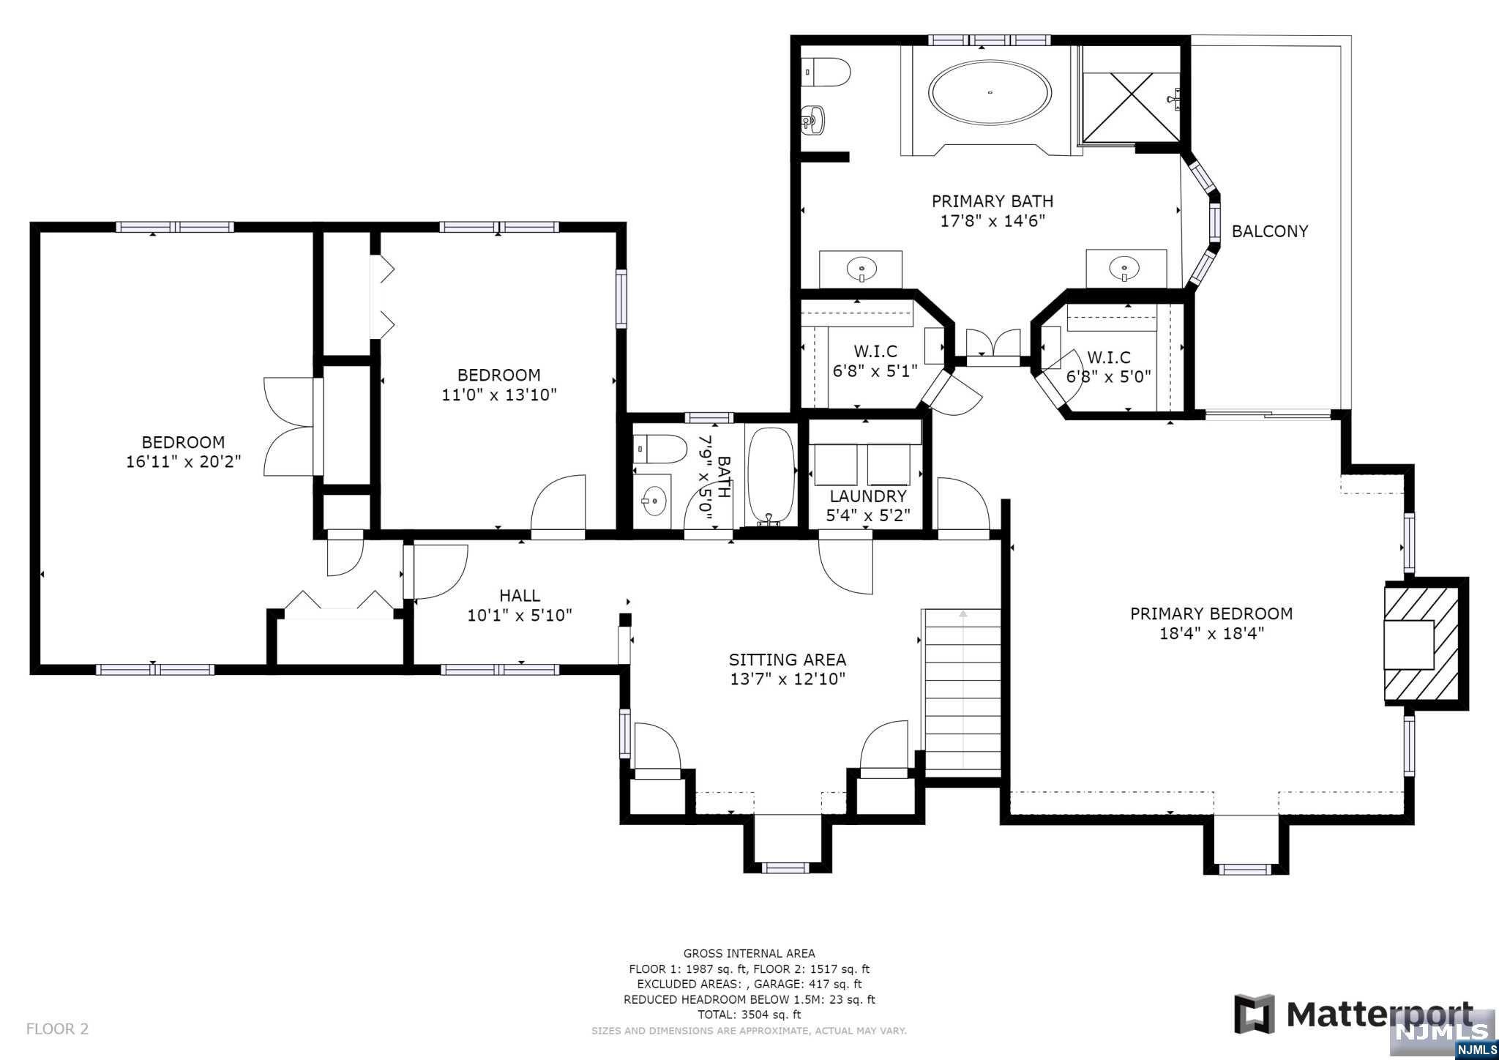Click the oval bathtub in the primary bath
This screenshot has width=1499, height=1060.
click(x=990, y=93)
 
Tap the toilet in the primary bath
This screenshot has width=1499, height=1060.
click(x=826, y=72)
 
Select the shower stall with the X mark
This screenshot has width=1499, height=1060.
click(x=1131, y=94)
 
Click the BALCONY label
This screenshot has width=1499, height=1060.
click(x=1269, y=231)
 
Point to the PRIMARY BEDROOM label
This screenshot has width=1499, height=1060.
click(x=1211, y=613)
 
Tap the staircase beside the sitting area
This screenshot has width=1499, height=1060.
click(x=962, y=692)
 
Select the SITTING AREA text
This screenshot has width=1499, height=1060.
click(x=788, y=660)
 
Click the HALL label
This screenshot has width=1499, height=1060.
click(x=520, y=596)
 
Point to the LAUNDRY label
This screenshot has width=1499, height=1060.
click(x=868, y=496)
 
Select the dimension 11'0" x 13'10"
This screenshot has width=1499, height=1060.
click(x=499, y=395)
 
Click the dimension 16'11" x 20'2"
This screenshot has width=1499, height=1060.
click(x=184, y=462)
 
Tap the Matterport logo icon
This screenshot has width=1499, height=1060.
click(x=1254, y=1014)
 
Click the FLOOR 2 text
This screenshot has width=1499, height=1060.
click(x=57, y=1029)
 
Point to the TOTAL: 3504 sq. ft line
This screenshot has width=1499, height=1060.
click(x=749, y=1015)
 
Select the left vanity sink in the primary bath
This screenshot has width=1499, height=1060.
click(x=861, y=269)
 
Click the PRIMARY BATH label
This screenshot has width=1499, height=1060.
click(x=993, y=201)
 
